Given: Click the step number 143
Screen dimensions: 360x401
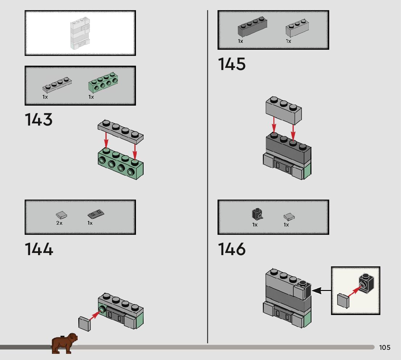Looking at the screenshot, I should (x=39, y=120).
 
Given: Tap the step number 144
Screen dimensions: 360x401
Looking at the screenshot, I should (x=39, y=249).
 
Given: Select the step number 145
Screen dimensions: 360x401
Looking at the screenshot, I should (x=232, y=65).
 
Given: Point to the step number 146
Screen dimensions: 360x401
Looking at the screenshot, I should (x=232, y=249).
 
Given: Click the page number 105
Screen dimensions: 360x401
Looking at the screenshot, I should (x=385, y=348).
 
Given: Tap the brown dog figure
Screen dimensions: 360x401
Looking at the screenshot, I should (x=65, y=343).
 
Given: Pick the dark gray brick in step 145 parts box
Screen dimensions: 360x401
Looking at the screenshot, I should (x=253, y=28).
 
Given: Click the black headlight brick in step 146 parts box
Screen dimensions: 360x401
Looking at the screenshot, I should (x=257, y=214).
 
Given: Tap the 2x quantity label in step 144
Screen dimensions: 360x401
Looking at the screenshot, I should (x=59, y=223).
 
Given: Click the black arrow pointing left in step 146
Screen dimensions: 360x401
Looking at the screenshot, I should (x=321, y=290).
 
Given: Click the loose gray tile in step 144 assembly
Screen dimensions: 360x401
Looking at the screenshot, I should (x=84, y=323).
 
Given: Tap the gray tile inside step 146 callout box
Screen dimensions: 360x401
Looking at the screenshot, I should (x=343, y=301).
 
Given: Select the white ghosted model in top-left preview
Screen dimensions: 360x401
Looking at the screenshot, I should (x=79, y=33).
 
